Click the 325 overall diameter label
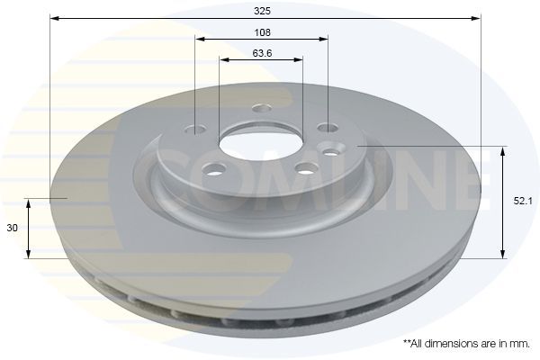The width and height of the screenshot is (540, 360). coord(263,11)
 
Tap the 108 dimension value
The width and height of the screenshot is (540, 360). coord(263,32)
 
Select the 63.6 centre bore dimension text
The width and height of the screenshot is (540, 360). coord(263,53)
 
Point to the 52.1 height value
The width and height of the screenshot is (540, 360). coord(523,202)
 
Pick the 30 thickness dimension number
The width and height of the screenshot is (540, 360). coord(12,228)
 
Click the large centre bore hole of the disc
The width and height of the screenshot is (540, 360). coord(261,146)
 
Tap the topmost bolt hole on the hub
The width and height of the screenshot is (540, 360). coord(262,109)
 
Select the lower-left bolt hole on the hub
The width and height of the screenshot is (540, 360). coord(215,168)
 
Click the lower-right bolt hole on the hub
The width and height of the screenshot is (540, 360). coord(307,168)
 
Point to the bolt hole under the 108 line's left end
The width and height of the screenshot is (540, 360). coord(195,130)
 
